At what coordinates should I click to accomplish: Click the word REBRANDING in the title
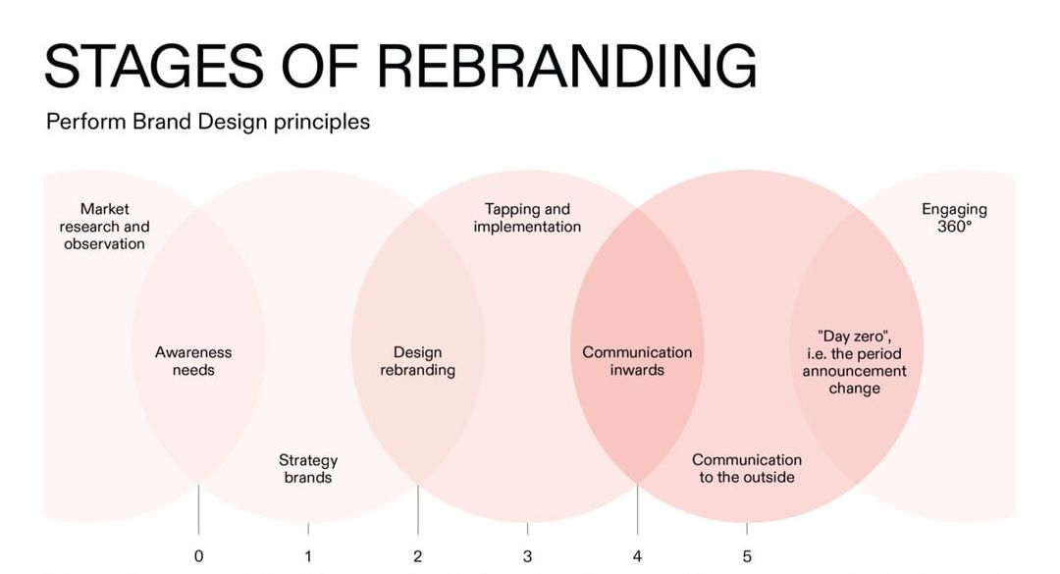point(566,67)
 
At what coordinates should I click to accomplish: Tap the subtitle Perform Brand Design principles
point(208,123)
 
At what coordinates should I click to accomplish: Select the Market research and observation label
point(104,227)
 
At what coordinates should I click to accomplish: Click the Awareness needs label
point(193,361)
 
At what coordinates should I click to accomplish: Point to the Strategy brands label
point(308,469)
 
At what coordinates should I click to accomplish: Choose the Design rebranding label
point(417,361)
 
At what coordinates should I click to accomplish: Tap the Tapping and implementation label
point(527,218)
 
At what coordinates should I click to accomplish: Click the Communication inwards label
point(637,361)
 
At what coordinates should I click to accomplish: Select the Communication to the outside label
point(747,468)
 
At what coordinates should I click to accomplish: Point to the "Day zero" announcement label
point(854,362)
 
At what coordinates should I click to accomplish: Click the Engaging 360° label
point(954,218)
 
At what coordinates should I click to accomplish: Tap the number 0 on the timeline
point(198,556)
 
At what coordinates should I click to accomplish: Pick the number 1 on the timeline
point(308,556)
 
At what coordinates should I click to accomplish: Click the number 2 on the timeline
point(418,556)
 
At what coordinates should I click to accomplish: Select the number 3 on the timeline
point(527,556)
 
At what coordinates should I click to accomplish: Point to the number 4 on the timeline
point(637,556)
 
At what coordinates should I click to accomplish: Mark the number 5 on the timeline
point(747,556)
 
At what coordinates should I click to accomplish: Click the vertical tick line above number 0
point(198,510)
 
